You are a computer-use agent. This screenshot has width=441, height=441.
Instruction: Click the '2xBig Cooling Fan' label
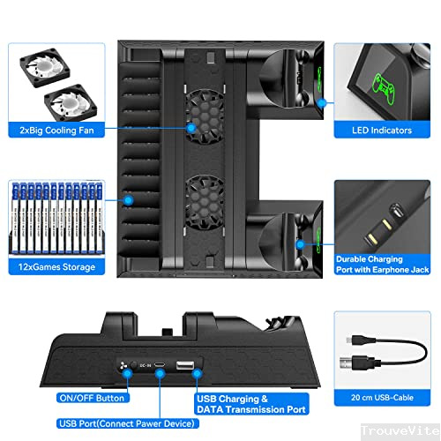pos(54,130)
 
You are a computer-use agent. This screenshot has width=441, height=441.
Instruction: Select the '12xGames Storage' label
pos(54,266)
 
